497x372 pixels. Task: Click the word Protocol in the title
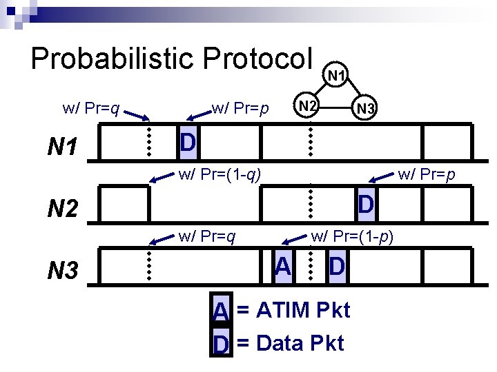pyautogui.click(x=258, y=59)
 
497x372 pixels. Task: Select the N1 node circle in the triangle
pyautogui.click(x=338, y=74)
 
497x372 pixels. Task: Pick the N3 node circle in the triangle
pyautogui.click(x=364, y=108)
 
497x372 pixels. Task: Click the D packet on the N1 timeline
pyautogui.click(x=187, y=143)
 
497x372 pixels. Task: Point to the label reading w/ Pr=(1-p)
pyautogui.click(x=352, y=237)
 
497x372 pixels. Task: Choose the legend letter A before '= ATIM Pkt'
pyautogui.click(x=220, y=311)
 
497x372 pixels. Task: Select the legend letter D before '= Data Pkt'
pyautogui.click(x=220, y=343)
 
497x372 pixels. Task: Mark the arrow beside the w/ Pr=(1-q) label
pyautogui.click(x=161, y=180)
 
